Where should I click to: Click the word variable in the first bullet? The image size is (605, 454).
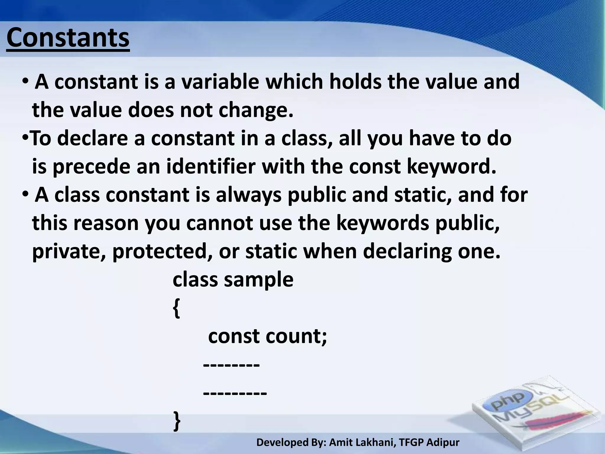[220, 82]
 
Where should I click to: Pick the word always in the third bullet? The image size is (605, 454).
[248, 195]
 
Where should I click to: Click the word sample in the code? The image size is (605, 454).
[258, 280]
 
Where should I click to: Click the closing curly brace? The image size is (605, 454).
[177, 421]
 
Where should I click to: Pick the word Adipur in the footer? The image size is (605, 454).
[443, 442]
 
